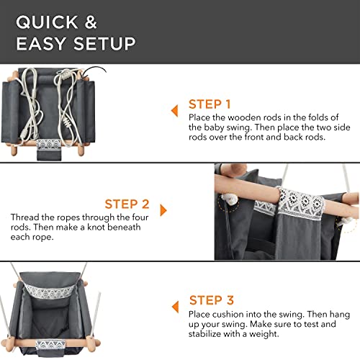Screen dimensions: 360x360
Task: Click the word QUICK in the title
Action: click(x=47, y=22)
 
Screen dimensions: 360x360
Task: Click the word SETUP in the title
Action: click(x=104, y=43)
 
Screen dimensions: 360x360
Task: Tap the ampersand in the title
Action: click(x=91, y=22)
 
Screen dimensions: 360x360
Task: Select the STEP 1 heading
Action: click(x=210, y=104)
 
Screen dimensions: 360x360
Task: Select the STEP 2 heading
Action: click(x=127, y=204)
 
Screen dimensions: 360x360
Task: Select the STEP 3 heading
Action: click(x=212, y=300)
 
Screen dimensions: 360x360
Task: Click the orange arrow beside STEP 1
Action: click(x=175, y=111)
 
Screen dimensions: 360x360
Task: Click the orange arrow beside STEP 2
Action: click(x=163, y=210)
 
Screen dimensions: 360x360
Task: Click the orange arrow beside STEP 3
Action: click(x=176, y=307)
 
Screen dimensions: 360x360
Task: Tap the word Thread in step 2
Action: click(x=25, y=217)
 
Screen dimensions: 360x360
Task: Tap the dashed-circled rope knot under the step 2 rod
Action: click(x=229, y=199)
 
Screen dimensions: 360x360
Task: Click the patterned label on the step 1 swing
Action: click(x=49, y=144)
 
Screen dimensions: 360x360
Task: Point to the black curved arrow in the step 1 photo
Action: click(x=94, y=70)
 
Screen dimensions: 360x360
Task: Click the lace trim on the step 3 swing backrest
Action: click(x=50, y=291)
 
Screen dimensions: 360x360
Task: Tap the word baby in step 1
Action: click(x=212, y=127)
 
